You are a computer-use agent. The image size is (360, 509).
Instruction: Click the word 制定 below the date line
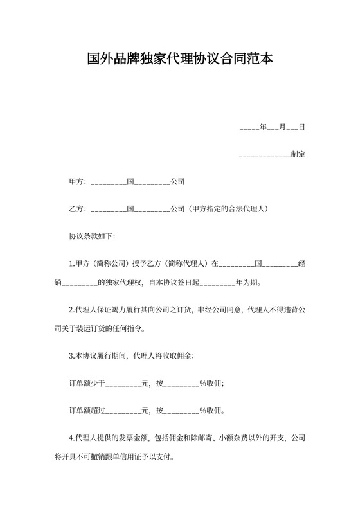click(298, 155)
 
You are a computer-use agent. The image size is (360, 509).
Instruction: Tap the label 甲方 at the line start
click(76, 182)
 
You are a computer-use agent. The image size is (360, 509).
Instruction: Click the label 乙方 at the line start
click(76, 210)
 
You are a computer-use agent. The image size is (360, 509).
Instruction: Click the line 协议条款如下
click(92, 237)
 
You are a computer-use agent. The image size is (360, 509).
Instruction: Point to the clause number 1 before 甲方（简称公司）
click(71, 264)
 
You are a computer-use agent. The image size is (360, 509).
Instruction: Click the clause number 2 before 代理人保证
click(71, 310)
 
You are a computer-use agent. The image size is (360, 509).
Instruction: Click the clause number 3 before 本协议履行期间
click(71, 355)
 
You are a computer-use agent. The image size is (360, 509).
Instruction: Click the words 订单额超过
click(86, 411)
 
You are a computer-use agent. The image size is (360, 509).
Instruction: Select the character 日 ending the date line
click(301, 127)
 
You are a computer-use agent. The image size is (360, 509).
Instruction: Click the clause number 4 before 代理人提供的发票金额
click(71, 438)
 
